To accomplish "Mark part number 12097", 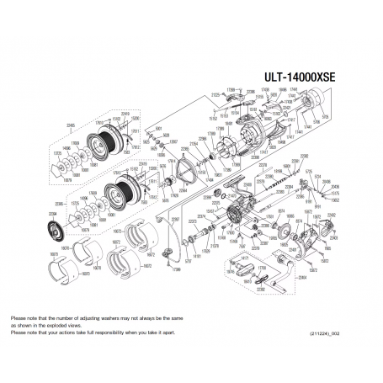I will pyautogui.click(x=175, y=141).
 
